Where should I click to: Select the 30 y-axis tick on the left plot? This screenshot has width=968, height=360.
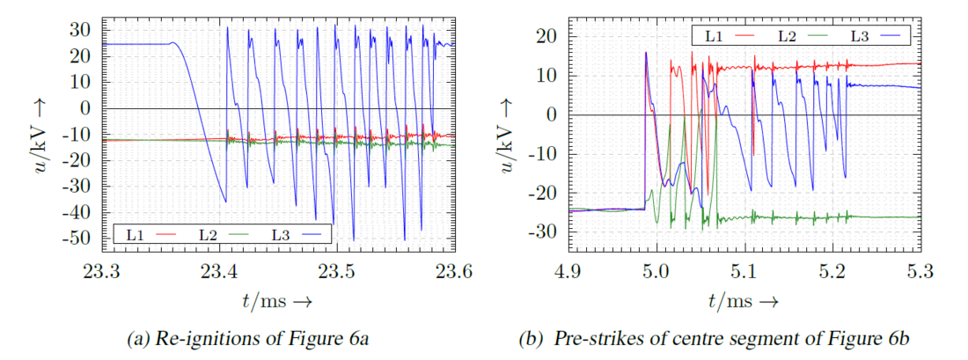tap(84, 29)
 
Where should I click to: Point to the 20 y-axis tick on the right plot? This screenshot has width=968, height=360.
tap(548, 36)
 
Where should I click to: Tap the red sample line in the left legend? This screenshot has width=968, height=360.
tap(167, 234)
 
